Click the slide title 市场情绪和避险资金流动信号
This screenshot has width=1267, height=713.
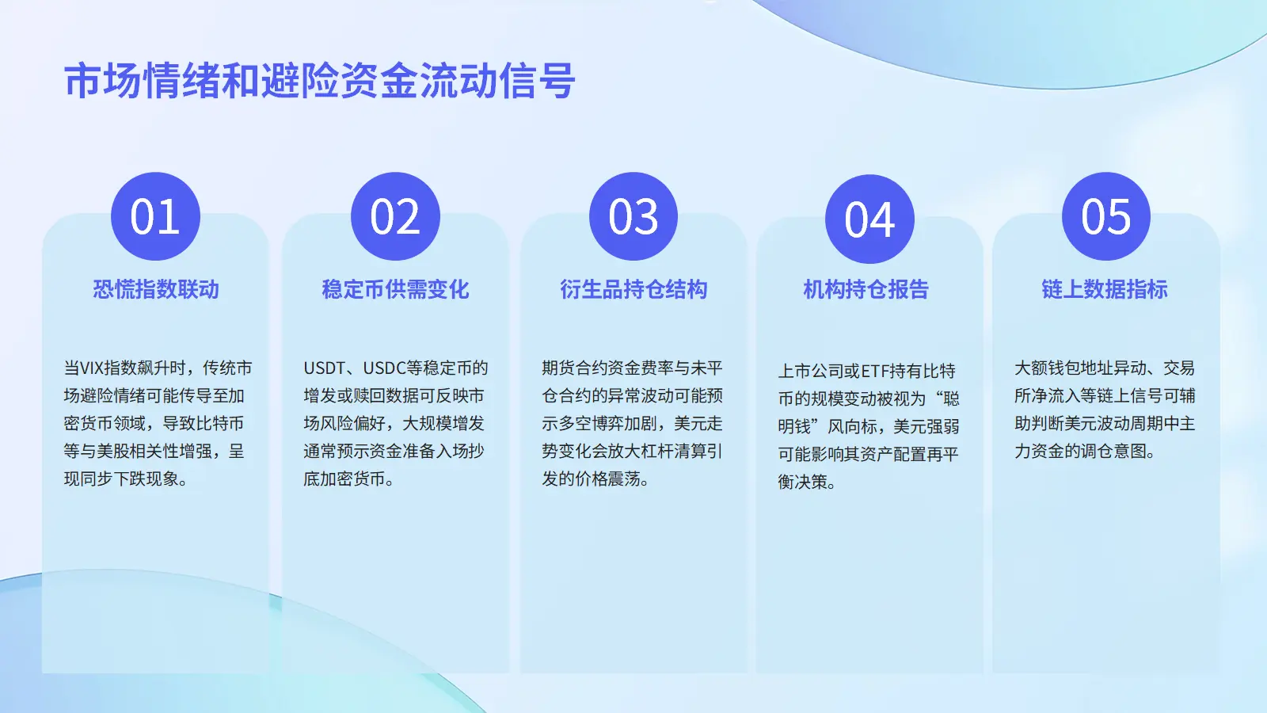coord(320,81)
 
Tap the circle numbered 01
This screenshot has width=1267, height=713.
coord(155,216)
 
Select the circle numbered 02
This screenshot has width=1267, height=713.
coord(395,216)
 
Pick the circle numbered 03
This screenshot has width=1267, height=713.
coord(633,216)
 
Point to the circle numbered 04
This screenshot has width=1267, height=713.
coord(870,219)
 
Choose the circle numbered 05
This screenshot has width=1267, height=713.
coord(1105,216)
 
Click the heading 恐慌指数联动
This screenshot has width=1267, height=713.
coord(155,289)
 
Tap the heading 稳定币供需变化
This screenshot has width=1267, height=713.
coord(395,289)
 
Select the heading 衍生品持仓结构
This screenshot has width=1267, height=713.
coord(633,289)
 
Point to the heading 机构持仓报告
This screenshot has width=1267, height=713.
coord(866,289)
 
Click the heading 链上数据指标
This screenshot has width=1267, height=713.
coord(1105,289)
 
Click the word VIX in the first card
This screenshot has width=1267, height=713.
coord(92,368)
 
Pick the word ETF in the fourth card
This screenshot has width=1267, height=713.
coord(875,372)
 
